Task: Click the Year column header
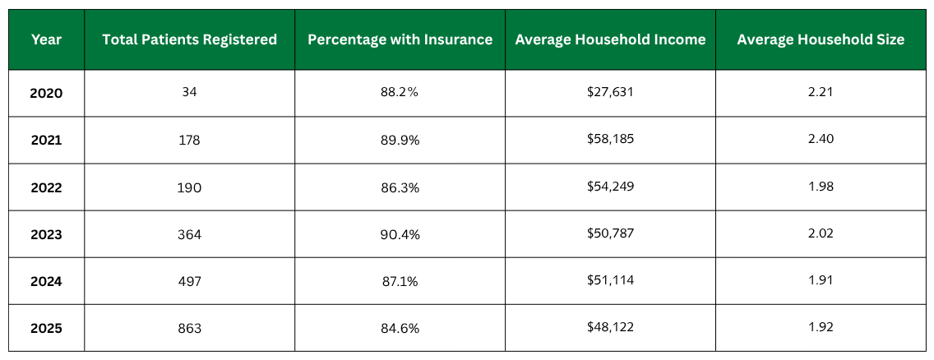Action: pos(46,39)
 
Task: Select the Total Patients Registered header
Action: pos(189,39)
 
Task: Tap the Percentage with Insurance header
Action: pos(400,39)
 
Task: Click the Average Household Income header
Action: pos(610,39)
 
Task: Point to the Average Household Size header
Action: pos(821,39)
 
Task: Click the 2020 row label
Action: pos(46,93)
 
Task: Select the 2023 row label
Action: pos(46,234)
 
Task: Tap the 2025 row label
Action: pos(46,328)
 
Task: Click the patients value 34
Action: pos(189,92)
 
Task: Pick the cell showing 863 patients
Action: pos(189,328)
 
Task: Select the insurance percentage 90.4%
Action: pos(400,234)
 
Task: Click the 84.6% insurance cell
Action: pos(400,328)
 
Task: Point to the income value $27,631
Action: pos(610,92)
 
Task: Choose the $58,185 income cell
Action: pos(610,140)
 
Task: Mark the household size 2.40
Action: pos(821,140)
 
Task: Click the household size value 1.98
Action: pos(821,187)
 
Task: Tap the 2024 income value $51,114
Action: pos(610,281)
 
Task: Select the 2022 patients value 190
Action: pos(189,187)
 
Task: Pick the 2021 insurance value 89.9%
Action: pos(400,140)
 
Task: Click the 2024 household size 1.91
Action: pos(821,281)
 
